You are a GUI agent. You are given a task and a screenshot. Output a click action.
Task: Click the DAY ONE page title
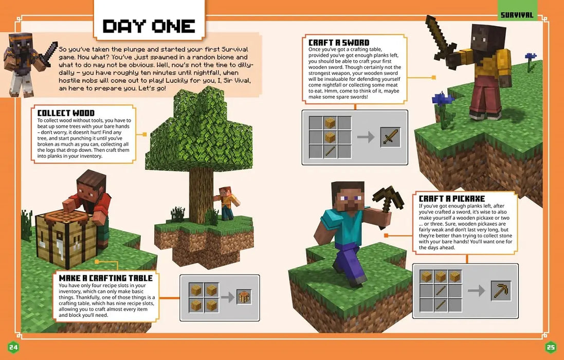[x=149, y=26]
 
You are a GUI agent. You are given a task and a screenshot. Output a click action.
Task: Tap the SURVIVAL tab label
[x=517, y=15]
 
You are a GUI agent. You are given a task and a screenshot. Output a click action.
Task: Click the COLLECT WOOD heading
[x=66, y=113]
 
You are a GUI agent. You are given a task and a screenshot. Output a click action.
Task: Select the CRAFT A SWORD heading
[x=339, y=42]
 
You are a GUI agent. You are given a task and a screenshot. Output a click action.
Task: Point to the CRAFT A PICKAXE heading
[x=451, y=199]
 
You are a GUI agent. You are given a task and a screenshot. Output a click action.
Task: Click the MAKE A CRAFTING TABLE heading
[x=106, y=278]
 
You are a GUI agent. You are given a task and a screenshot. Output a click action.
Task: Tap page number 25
[x=550, y=347]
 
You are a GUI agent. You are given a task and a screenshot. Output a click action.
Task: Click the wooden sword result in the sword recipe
[x=390, y=137]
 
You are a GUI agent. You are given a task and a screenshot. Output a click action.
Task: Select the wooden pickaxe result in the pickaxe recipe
[x=501, y=291]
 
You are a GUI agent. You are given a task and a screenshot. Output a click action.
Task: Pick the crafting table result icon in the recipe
[x=244, y=297]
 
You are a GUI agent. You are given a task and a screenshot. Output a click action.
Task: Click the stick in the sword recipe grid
[x=330, y=151]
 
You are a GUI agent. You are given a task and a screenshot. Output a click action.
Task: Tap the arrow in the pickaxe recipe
[x=476, y=291]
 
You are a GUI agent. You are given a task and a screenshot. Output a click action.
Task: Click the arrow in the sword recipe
[x=365, y=137]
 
